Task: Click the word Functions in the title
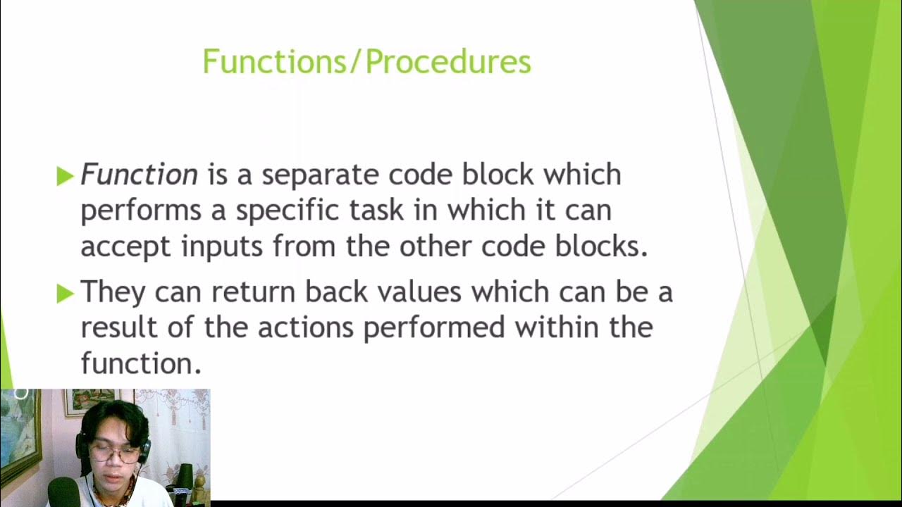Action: click(275, 62)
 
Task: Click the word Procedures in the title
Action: click(448, 62)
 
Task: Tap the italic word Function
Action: click(139, 175)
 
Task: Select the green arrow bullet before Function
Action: click(65, 176)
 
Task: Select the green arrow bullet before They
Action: click(65, 293)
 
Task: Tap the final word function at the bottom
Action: click(140, 364)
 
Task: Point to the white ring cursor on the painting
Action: click(20, 394)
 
